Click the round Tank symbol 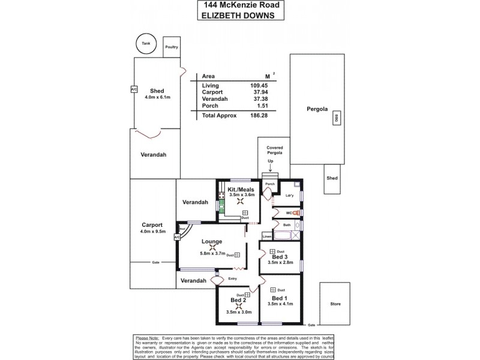(145, 44)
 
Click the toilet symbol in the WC (295, 212)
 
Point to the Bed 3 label (280, 257)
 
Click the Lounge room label (211, 241)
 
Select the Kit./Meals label (241, 189)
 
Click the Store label (335, 304)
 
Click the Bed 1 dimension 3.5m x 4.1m (280, 305)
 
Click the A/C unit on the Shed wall (133, 89)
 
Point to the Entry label (233, 279)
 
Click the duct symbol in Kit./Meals (245, 212)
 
